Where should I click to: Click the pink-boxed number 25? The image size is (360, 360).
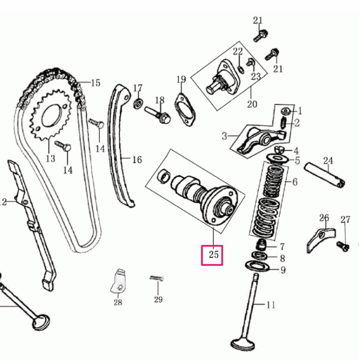click(213, 255)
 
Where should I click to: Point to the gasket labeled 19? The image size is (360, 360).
click(184, 110)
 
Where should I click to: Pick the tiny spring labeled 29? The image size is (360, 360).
click(157, 278)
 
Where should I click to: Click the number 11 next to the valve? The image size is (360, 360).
click(271, 305)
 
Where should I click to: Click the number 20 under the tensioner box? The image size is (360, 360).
click(251, 104)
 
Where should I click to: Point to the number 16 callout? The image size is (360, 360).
click(137, 160)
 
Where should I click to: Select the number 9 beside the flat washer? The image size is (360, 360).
click(283, 271)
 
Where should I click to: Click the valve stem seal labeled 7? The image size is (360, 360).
click(260, 245)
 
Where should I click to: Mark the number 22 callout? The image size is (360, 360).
click(237, 52)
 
